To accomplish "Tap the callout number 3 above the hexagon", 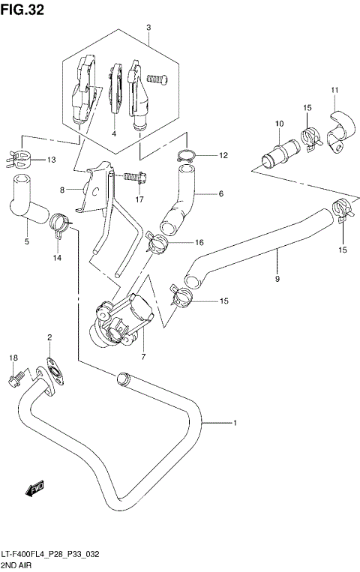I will (148, 28).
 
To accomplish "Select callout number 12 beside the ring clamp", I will (223, 156).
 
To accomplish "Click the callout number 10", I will (278, 124).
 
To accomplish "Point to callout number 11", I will (334, 91).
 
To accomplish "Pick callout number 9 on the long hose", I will (277, 280).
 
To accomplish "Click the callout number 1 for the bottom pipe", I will (235, 424).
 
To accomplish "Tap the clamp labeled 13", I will (25, 158).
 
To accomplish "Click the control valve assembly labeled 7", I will (122, 318).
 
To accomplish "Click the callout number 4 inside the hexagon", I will (114, 133).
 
